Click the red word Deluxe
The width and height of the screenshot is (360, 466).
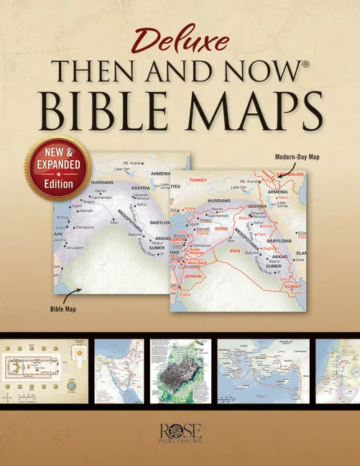click(180, 43)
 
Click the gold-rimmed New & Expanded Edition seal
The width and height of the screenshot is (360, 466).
click(57, 168)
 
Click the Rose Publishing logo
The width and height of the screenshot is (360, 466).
click(180, 434)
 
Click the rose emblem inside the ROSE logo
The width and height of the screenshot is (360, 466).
click(175, 430)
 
